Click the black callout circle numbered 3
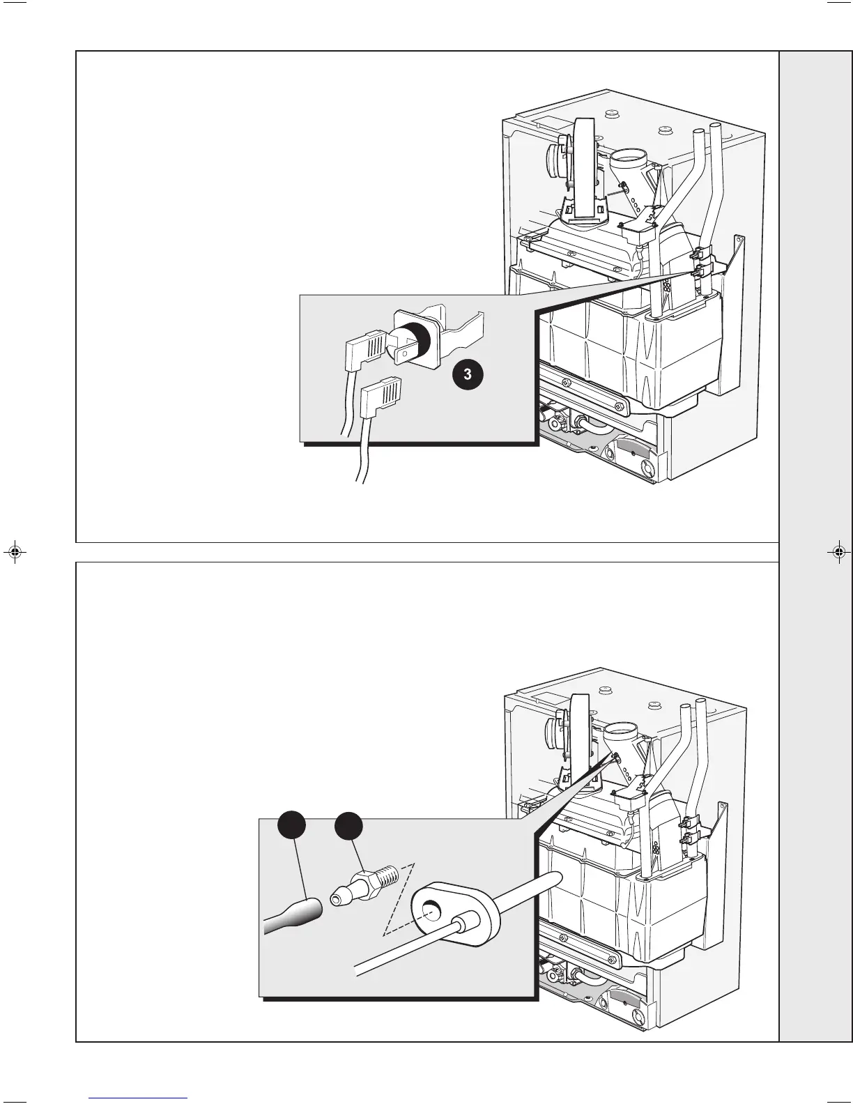(x=467, y=374)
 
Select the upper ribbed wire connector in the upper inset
(x=365, y=346)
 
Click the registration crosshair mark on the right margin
(x=838, y=552)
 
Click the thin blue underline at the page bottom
(x=138, y=1098)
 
